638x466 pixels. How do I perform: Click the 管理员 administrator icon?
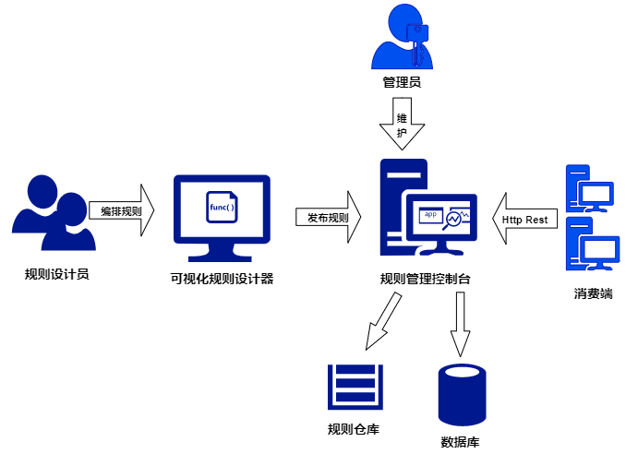[402, 37]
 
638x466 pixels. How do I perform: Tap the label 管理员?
[402, 83]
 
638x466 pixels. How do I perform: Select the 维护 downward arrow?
[402, 125]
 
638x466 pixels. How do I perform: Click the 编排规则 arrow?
[122, 211]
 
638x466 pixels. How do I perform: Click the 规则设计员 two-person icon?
[54, 214]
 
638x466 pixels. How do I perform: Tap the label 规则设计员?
[56, 274]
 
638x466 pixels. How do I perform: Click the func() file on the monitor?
[222, 207]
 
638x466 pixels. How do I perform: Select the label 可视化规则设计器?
[222, 279]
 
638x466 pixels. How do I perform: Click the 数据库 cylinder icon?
[462, 394]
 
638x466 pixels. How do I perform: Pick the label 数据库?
[460, 442]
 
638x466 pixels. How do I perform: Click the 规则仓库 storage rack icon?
[355, 387]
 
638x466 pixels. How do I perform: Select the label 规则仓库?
[354, 429]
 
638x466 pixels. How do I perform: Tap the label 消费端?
[592, 294]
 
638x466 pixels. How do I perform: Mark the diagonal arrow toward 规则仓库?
[382, 322]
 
